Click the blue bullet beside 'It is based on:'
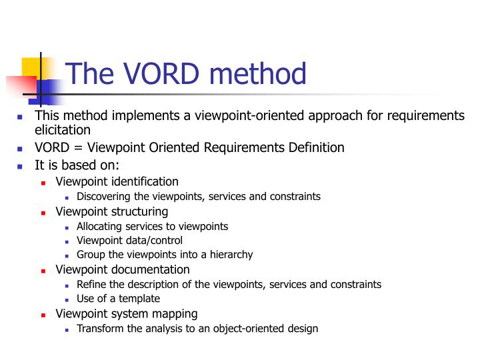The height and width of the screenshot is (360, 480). pyautogui.click(x=20, y=166)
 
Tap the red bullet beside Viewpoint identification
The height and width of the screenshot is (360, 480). pyautogui.click(x=43, y=182)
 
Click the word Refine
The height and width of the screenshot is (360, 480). pyautogui.click(x=90, y=284)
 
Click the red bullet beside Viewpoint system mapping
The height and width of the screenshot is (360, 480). pyautogui.click(x=43, y=314)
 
